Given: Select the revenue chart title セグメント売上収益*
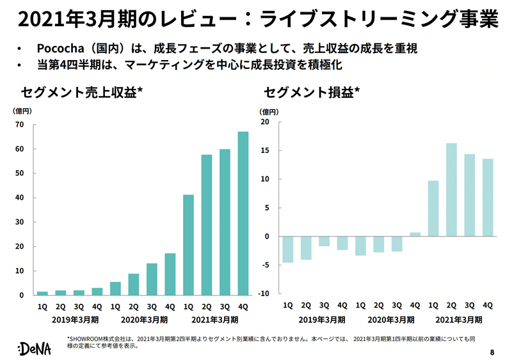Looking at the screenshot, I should [x=81, y=92].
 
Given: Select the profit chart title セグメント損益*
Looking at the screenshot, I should [x=312, y=92].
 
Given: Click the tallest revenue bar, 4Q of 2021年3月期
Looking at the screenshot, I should [x=243, y=214].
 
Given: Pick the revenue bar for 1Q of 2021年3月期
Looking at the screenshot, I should [x=188, y=245].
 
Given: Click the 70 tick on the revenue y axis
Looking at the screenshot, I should [x=20, y=125].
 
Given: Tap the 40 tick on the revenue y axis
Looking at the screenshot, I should [x=20, y=198].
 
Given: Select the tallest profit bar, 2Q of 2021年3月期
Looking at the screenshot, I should [x=451, y=190].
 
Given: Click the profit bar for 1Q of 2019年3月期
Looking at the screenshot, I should [x=288, y=249].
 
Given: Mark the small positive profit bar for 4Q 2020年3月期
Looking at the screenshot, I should [x=415, y=235].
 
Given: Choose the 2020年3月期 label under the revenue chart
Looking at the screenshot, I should [x=142, y=319].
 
